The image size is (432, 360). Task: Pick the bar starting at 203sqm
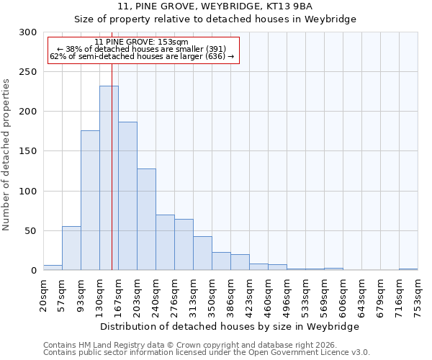(146, 220)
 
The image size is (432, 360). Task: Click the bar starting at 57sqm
(71, 248)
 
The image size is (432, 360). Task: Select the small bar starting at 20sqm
(53, 268)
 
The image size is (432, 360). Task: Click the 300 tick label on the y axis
(28, 32)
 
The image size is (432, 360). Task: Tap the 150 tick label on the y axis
(28, 151)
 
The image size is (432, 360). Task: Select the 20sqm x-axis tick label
(44, 295)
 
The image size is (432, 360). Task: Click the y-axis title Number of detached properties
(6, 155)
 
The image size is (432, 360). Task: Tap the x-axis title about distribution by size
(230, 326)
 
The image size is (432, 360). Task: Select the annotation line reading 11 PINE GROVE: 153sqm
(141, 42)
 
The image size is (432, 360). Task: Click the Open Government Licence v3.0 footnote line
(207, 353)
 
